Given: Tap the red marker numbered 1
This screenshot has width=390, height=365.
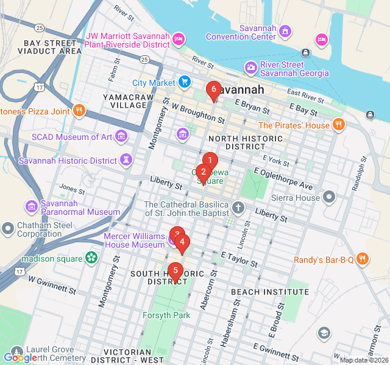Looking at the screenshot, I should [209, 161].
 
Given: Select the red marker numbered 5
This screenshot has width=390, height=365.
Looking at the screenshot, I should [175, 271].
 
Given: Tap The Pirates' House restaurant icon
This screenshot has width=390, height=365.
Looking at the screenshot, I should [339, 125].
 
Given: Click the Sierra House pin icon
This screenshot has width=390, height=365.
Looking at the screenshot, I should [330, 197].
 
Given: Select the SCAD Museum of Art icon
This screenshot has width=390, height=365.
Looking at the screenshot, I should [121, 136].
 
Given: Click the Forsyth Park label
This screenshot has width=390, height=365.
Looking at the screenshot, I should [166, 315].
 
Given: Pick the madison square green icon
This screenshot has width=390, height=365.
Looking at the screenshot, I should [91, 259].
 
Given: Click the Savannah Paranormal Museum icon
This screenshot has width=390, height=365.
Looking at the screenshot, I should [31, 207].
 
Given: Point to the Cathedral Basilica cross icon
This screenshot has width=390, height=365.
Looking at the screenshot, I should [238, 209].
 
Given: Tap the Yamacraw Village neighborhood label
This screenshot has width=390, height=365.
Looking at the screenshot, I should [125, 101].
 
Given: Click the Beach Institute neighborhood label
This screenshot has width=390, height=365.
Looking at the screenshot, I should [269, 292].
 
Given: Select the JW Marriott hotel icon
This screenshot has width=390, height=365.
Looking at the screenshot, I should [179, 39].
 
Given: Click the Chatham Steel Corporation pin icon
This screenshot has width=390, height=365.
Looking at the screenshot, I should [8, 229].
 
